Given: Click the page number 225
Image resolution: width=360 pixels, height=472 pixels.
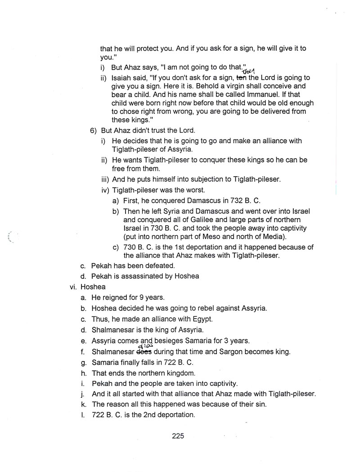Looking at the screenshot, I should [x=178, y=436].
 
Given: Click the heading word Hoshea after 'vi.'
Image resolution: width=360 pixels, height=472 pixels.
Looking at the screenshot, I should [x=93, y=287].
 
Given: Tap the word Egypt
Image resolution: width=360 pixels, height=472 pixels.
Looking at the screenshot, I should [x=201, y=319].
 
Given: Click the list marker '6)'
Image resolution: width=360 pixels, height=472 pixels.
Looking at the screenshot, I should [x=94, y=130].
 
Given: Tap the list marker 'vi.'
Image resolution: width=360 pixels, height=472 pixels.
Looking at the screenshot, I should [x=74, y=287].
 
